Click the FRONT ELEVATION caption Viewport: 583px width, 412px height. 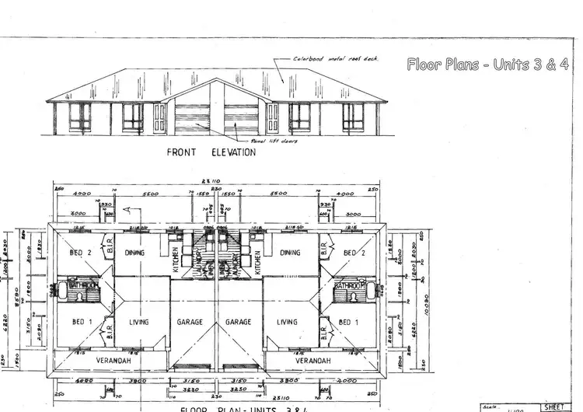(211, 152)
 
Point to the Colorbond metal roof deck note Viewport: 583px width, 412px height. (336, 59)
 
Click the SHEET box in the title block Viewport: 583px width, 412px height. (554, 407)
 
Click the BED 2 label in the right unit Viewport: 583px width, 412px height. (354, 253)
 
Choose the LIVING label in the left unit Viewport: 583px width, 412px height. (139, 322)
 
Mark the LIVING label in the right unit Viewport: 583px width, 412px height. (287, 322)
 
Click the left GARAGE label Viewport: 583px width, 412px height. (190, 322)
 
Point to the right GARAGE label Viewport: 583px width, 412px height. (238, 322)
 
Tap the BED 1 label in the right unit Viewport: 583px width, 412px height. (347, 322)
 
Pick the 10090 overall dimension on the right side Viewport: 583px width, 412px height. (425, 295)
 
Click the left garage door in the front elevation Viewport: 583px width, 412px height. (191, 118)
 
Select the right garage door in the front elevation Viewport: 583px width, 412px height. (241, 118)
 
